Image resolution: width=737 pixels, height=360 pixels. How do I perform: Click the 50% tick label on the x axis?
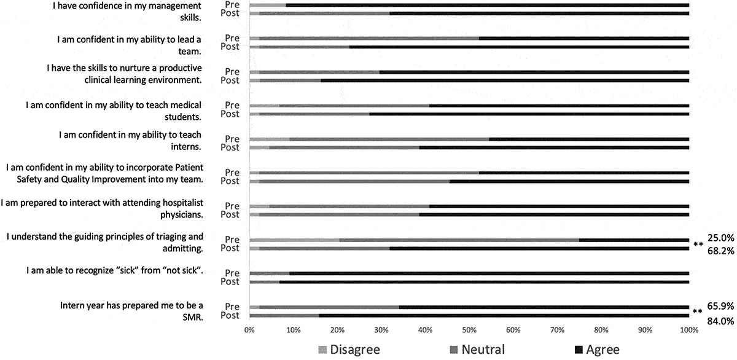pos(469,330)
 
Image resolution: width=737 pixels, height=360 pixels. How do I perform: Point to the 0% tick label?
pos(249,330)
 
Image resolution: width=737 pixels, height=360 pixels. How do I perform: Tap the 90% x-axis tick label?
pos(645,330)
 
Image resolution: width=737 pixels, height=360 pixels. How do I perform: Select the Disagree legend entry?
pos(348,350)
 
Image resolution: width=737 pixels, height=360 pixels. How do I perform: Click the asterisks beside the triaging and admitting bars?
pos(698,245)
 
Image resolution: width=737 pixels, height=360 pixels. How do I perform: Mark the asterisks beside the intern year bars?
pos(698,312)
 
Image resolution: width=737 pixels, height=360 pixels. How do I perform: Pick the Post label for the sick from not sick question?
pos(230,281)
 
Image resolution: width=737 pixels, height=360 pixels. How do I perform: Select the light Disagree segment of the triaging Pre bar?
pos(294,240)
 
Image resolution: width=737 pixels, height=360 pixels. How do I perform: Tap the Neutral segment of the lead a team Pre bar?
pos(368,38)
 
